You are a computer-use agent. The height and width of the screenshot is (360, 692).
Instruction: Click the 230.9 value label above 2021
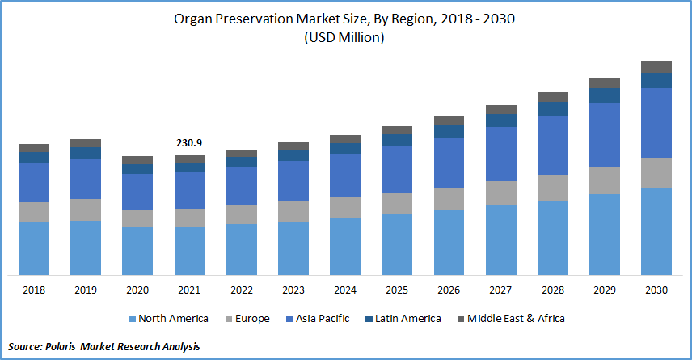(189, 143)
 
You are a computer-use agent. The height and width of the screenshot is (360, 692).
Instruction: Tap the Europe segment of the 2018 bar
(34, 212)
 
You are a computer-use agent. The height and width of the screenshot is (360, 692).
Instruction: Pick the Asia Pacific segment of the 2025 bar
(397, 169)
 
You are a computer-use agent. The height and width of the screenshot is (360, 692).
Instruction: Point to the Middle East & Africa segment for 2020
(137, 160)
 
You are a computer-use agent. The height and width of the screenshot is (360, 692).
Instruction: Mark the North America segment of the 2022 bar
(242, 249)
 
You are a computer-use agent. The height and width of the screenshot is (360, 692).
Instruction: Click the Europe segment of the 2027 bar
(501, 193)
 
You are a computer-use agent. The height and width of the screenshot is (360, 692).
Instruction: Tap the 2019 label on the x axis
(86, 290)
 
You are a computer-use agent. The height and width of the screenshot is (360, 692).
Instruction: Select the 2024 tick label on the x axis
(345, 290)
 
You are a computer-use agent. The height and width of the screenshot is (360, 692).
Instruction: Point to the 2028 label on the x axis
(553, 290)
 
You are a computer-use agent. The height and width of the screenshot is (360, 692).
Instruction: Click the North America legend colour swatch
(132, 319)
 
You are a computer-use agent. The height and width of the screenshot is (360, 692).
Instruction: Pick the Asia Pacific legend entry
(317, 319)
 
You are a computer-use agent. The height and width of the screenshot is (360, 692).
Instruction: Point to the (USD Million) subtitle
(345, 38)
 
